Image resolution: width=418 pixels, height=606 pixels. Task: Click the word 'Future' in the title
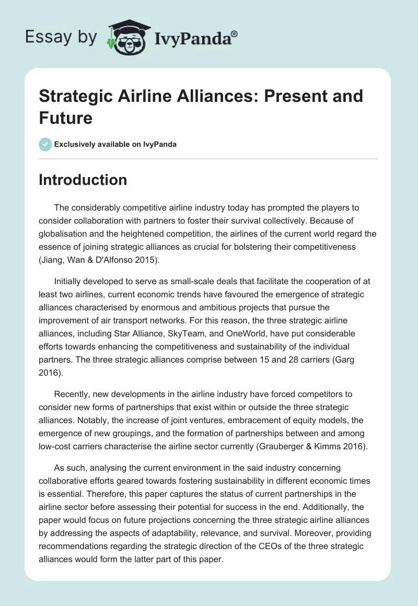point(66,118)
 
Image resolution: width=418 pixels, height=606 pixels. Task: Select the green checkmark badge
point(45,144)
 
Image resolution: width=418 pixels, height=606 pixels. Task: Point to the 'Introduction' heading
point(83,180)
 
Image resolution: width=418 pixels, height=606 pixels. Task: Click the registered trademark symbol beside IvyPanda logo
point(235,33)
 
